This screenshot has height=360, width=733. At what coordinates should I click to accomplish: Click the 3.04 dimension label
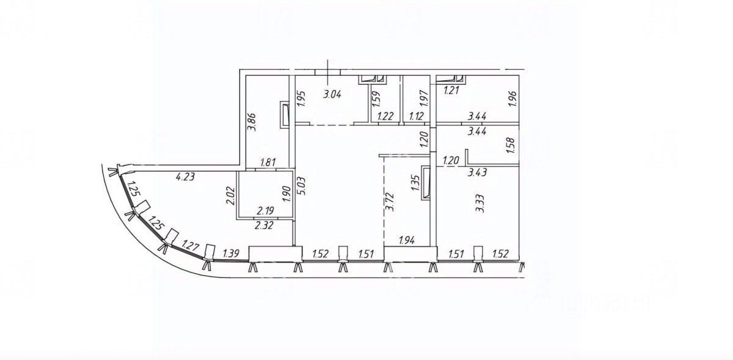(x=332, y=95)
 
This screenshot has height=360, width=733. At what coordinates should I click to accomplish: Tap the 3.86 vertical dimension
(x=252, y=122)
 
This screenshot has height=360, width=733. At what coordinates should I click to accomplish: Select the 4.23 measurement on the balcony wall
(x=185, y=177)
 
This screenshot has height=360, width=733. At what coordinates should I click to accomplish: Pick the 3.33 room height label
(x=480, y=204)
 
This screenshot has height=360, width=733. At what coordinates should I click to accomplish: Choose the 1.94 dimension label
(x=407, y=241)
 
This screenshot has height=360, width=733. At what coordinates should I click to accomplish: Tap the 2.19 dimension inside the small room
(x=265, y=211)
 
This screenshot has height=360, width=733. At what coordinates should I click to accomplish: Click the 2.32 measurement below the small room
(x=264, y=226)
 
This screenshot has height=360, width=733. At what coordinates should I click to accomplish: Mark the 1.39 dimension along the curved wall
(x=231, y=254)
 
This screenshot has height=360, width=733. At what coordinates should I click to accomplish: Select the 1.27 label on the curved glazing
(x=190, y=245)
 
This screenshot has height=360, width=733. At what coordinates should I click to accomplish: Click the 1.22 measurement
(x=385, y=116)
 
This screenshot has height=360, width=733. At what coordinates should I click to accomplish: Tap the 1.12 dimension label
(x=417, y=116)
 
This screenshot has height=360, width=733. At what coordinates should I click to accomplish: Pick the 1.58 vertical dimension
(x=512, y=145)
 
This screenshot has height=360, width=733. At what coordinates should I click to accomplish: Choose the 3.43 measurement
(x=477, y=172)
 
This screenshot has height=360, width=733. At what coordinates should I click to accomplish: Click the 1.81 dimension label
(x=268, y=162)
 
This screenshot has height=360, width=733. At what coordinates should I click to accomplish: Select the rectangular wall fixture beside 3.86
(x=285, y=115)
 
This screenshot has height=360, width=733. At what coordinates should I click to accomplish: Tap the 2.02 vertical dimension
(x=230, y=196)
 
